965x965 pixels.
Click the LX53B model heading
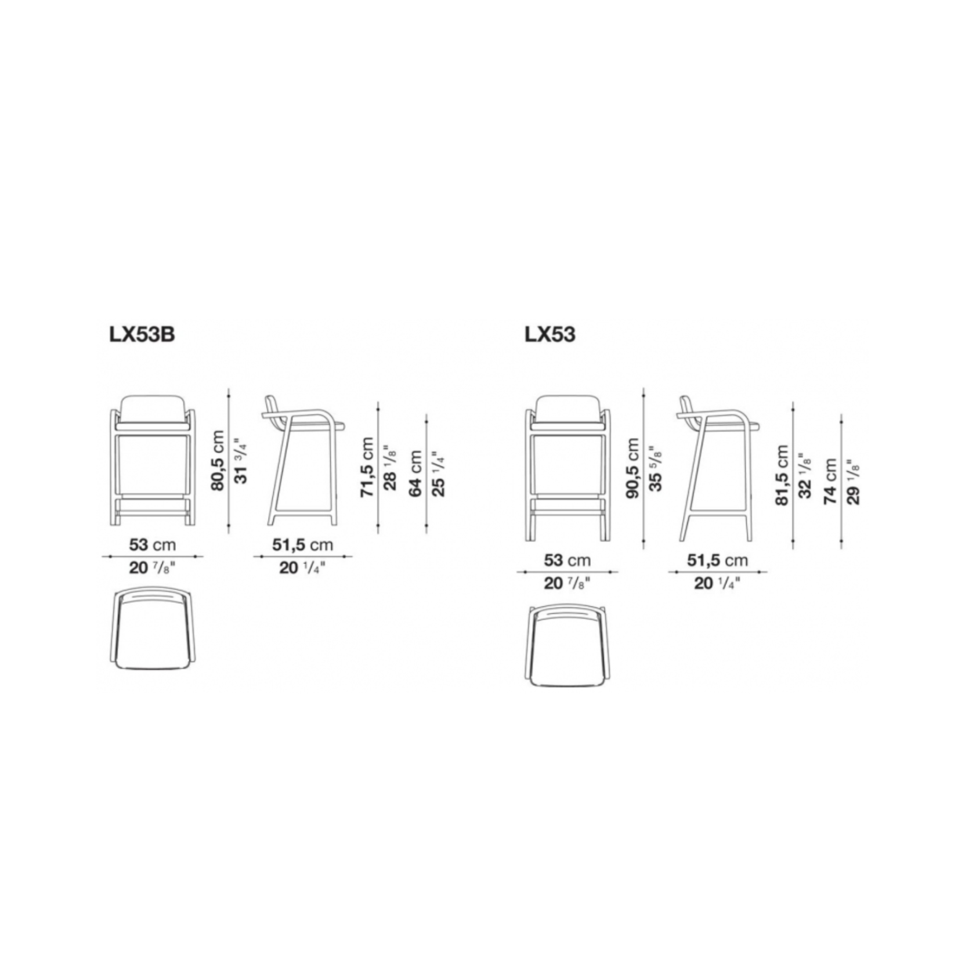(142, 335)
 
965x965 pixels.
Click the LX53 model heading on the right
(550, 335)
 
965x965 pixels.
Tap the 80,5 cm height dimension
(218, 460)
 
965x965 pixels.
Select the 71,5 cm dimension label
(367, 467)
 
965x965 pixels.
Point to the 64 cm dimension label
(415, 474)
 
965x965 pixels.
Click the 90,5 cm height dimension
(632, 468)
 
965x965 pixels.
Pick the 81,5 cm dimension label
(782, 475)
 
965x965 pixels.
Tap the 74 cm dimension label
(830, 482)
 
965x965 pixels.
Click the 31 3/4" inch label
(240, 462)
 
